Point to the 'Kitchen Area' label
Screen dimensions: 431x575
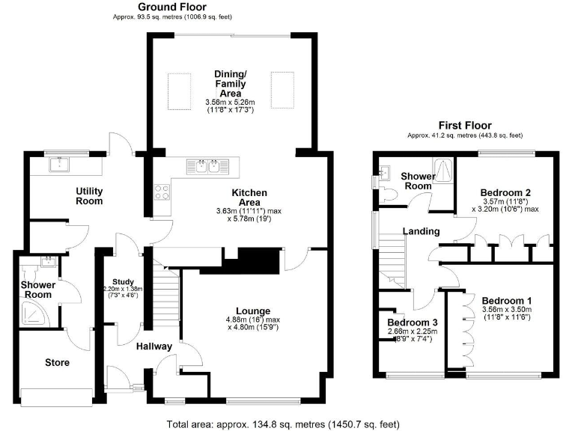tap(245, 198)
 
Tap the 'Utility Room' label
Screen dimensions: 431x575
tap(88, 196)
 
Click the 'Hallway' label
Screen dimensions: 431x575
tap(154, 346)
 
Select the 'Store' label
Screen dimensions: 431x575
tap(57, 362)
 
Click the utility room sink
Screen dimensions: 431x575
tap(58, 164)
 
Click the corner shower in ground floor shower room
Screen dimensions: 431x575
tap(31, 317)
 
